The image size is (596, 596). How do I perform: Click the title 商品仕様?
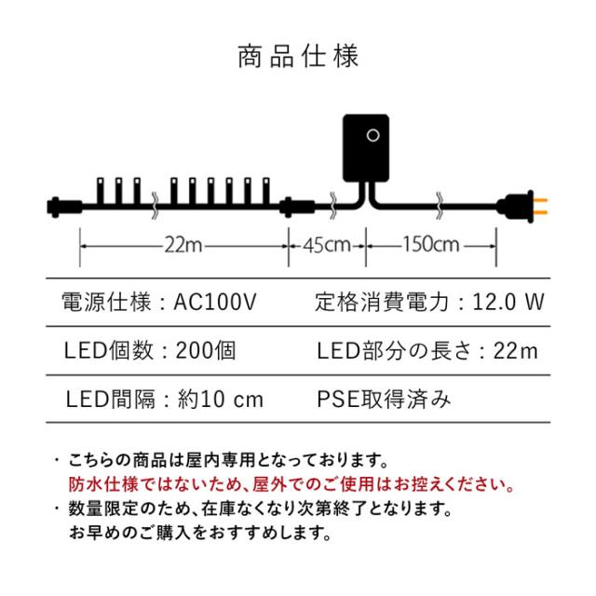[298, 57]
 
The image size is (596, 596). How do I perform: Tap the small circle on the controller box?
[372, 135]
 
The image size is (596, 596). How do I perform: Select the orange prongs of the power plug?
[540, 206]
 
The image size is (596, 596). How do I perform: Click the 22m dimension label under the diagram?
[183, 245]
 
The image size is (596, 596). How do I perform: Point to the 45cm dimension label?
[327, 245]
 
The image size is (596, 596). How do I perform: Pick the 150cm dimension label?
[431, 244]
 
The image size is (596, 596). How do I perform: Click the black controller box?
[366, 148]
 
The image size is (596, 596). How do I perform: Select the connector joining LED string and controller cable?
[297, 207]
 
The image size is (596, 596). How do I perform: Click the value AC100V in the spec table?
[215, 302]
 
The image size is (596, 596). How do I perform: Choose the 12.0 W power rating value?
[508, 302]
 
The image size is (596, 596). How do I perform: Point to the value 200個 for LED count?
[206, 350]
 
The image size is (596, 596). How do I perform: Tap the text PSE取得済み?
[384, 400]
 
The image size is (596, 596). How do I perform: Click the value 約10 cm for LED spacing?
[221, 400]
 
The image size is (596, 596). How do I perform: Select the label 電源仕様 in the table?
[106, 302]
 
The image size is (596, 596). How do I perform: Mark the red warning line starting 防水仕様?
[291, 484]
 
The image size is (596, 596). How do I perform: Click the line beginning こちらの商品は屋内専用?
[228, 460]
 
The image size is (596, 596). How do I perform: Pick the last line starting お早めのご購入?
[200, 533]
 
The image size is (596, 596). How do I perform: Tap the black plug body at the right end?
[515, 207]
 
